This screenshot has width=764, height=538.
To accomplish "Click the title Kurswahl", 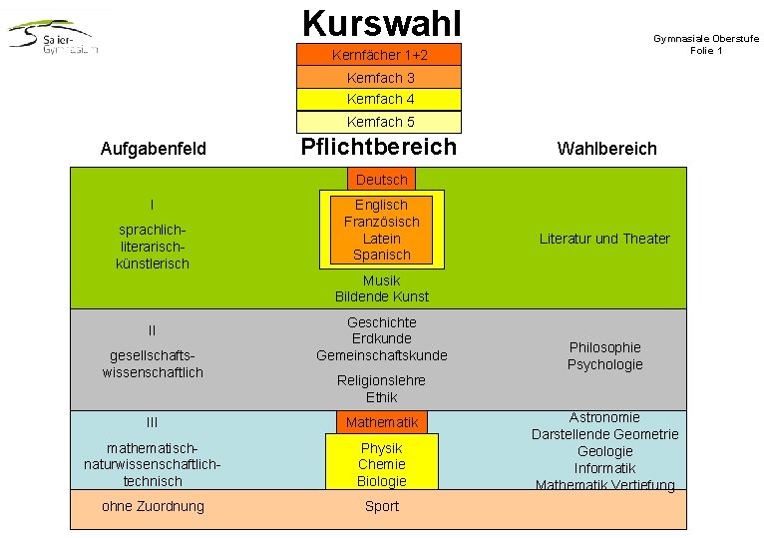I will [381, 22].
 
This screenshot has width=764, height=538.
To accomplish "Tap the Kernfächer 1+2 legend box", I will [380, 55].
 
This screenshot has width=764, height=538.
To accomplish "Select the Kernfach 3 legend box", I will [380, 77].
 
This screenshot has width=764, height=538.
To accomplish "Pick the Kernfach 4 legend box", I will [380, 99].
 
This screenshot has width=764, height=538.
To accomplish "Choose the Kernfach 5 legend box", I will [380, 122].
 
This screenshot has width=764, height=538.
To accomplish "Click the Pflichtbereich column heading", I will [379, 147].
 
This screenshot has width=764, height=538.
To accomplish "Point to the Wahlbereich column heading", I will [606, 149].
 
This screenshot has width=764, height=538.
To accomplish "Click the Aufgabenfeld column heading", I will [154, 149].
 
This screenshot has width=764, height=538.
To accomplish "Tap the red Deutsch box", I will [381, 180].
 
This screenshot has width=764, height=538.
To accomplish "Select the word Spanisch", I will [381, 255].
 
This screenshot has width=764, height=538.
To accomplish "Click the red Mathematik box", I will [382, 422].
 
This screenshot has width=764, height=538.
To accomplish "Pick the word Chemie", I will [382, 464].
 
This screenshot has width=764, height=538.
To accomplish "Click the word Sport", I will [382, 506].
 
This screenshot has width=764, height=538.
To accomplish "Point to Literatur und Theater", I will [604, 239].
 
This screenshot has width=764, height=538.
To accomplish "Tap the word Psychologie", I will [604, 364].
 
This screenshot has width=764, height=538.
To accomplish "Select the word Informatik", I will [604, 468].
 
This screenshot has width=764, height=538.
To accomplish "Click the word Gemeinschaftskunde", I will [382, 355].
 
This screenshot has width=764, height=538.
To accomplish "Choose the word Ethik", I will [382, 397].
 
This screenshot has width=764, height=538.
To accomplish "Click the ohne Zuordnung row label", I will [153, 506].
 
